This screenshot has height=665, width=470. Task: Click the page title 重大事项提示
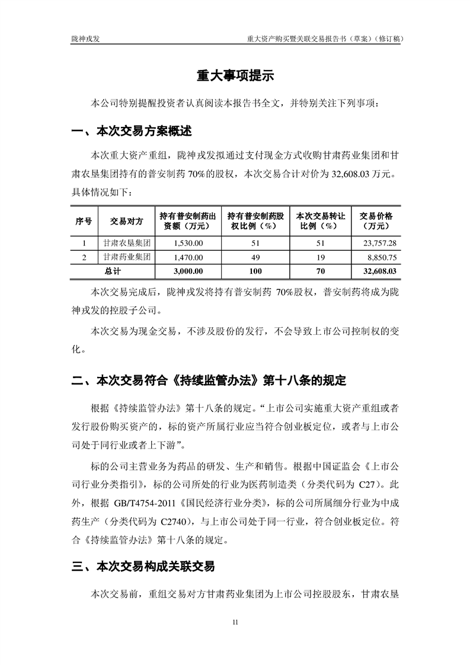click(235, 76)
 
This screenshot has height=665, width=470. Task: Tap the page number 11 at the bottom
click(235, 622)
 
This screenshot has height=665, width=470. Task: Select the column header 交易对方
click(127, 221)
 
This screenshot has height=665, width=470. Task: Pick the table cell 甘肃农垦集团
click(127, 243)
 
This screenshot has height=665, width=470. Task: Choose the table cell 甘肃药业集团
click(127, 257)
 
